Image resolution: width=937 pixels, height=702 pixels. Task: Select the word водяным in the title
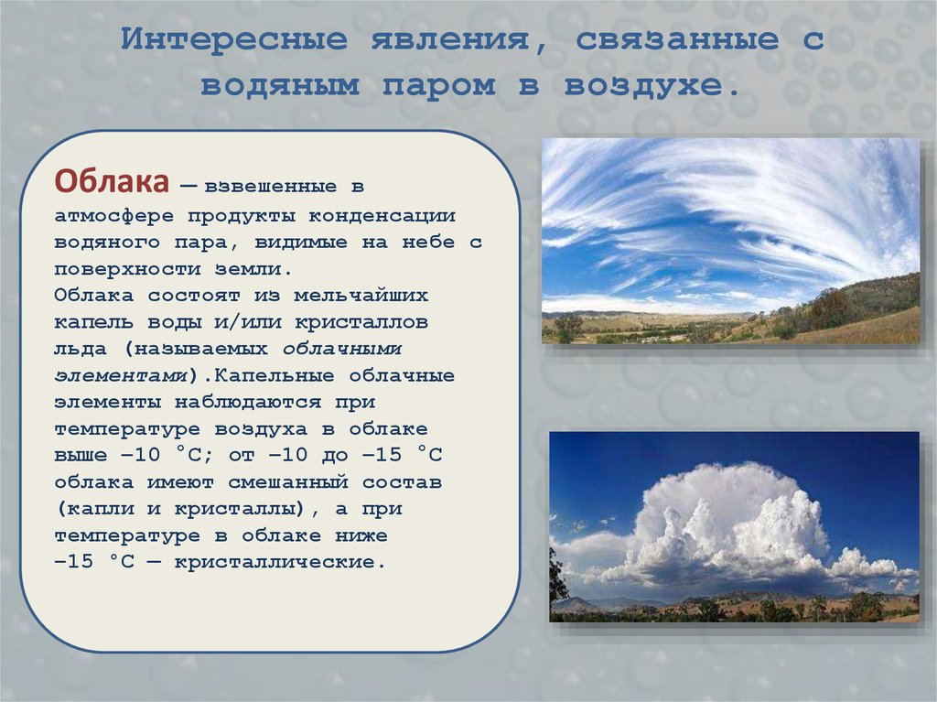(x=272, y=87)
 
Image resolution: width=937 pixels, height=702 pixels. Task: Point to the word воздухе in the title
(x=651, y=87)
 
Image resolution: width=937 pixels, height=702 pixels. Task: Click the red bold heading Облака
(x=111, y=182)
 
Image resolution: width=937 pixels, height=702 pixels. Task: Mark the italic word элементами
(x=122, y=376)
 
